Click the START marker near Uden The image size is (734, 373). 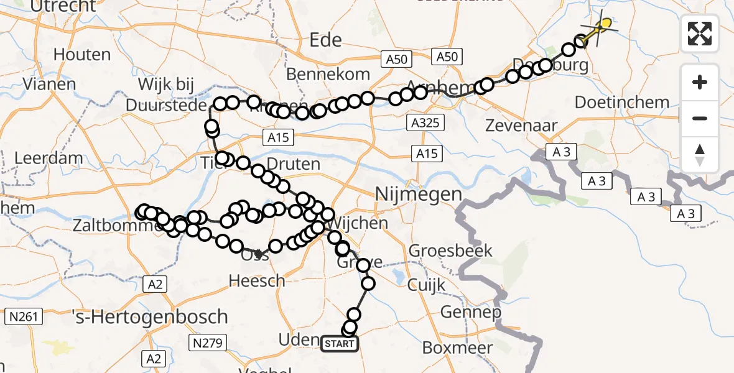[340, 343]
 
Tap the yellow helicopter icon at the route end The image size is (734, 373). [601, 26]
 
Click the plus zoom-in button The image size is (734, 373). [700, 82]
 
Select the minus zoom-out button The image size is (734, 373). [700, 118]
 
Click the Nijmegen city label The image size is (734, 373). [419, 195]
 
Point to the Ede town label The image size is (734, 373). [326, 40]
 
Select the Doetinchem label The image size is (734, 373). [622, 102]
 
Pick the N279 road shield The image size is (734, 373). [208, 342]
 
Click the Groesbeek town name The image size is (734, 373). [450, 251]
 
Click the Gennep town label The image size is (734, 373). [470, 311]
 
